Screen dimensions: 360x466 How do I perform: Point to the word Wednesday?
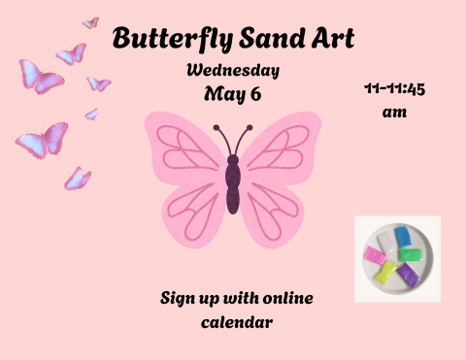click(x=233, y=71)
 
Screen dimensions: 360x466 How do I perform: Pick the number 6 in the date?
click(x=255, y=94)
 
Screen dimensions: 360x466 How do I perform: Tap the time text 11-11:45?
click(x=395, y=90)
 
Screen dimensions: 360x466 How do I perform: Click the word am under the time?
click(x=394, y=113)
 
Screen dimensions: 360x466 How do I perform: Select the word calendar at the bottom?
click(x=237, y=319)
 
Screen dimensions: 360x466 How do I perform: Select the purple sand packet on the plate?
click(x=409, y=275)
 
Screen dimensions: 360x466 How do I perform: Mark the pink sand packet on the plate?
click(x=373, y=257)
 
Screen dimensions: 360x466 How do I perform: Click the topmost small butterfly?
click(x=90, y=22)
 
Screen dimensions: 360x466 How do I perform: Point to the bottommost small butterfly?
click(x=78, y=179)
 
